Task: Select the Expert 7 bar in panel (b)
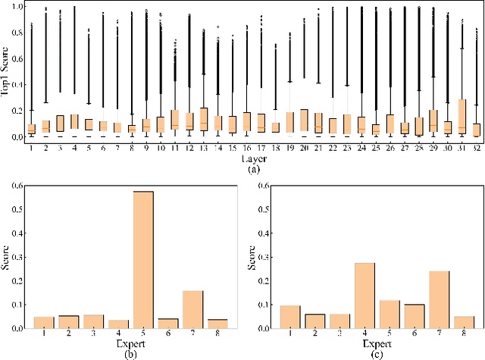click(x=193, y=309)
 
